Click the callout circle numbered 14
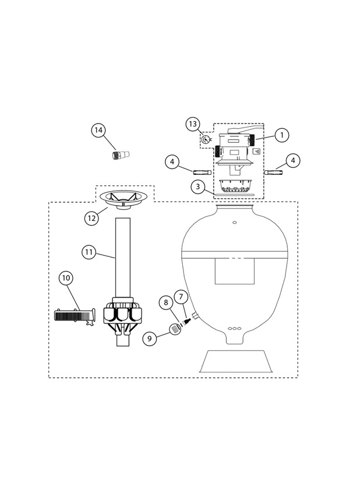click(x=98, y=130)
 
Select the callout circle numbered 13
click(x=193, y=124)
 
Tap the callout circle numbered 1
click(x=282, y=135)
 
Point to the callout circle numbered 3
click(x=198, y=186)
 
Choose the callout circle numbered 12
click(x=91, y=218)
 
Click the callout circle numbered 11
click(x=89, y=252)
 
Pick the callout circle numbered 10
click(x=66, y=278)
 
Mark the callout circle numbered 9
click(x=150, y=339)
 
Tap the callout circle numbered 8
click(x=166, y=302)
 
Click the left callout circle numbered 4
click(x=172, y=161)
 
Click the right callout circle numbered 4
click(x=293, y=160)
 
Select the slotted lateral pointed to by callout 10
click(x=75, y=316)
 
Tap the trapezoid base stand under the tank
click(x=237, y=361)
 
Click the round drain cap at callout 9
click(x=175, y=329)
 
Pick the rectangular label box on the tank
click(x=234, y=271)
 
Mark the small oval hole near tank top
click(x=234, y=222)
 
